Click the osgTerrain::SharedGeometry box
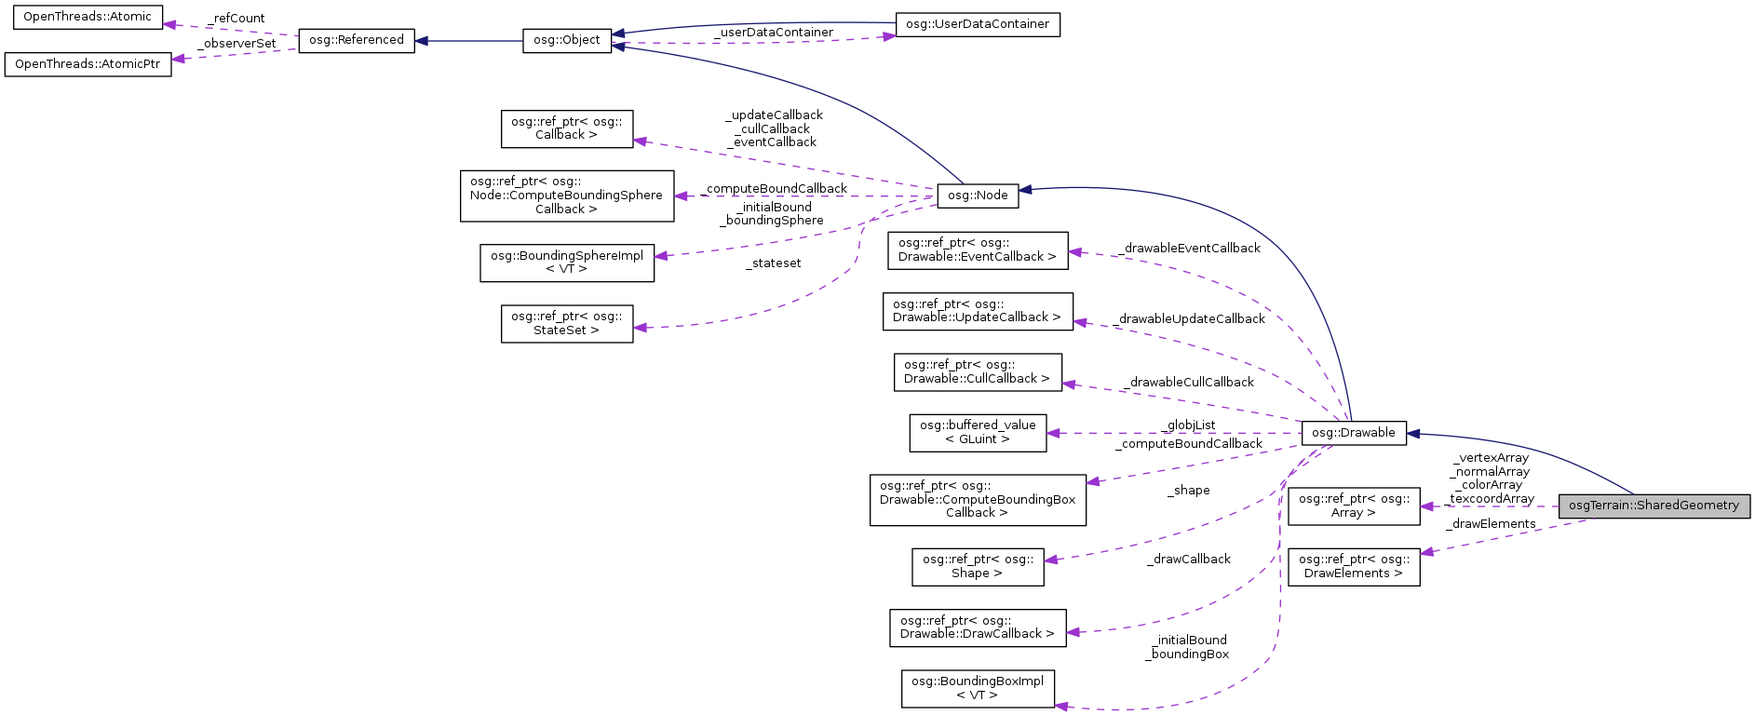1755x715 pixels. point(1654,506)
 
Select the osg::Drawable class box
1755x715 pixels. point(1353,433)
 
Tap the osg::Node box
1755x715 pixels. point(978,196)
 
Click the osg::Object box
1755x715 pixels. point(566,41)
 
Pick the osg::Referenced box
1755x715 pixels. point(356,40)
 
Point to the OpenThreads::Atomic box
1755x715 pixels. point(87,17)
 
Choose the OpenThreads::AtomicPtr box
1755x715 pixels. point(88,64)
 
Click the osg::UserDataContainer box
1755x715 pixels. point(977,24)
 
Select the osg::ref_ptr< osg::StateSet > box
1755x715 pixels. point(566,323)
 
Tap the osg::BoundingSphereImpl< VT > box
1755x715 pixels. point(566,263)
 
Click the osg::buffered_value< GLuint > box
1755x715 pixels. point(977,433)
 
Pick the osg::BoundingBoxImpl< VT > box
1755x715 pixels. point(977,688)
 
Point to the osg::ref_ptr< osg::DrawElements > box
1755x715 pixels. point(1353,566)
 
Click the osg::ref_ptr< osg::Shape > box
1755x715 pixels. point(977,566)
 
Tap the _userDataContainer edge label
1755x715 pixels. point(774,33)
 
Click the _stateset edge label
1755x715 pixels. point(773,263)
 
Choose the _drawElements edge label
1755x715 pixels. point(1491,524)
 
